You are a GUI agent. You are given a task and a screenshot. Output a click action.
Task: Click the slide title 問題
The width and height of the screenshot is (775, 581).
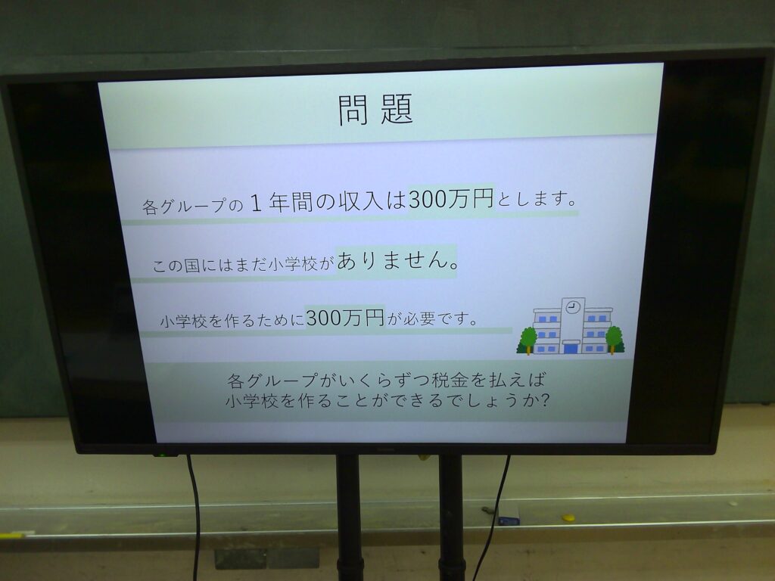(375, 109)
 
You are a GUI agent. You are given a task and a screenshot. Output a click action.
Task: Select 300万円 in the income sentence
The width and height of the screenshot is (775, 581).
(451, 199)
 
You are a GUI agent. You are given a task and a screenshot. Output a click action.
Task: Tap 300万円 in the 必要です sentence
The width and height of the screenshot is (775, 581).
(345, 317)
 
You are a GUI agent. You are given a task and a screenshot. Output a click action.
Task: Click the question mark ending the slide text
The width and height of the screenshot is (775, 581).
(543, 399)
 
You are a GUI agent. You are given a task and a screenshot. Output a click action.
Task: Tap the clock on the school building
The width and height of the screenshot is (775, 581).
(573, 307)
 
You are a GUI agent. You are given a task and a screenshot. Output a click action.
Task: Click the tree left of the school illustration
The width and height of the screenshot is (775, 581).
(528, 340)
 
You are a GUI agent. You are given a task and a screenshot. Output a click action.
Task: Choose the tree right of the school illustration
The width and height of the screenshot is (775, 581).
(615, 339)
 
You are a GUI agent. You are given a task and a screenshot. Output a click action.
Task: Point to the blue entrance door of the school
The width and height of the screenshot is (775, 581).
(571, 348)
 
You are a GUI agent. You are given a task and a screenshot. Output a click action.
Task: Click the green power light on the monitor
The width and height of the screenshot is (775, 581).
(160, 454)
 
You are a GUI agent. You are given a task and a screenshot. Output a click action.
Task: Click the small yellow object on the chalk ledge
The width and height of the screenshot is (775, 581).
(568, 517)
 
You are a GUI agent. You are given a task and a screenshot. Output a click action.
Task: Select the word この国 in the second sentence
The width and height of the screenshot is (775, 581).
(176, 266)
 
